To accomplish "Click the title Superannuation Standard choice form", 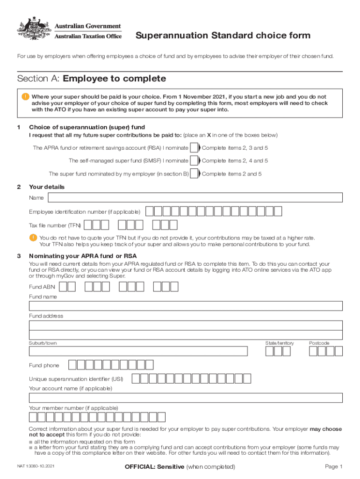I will (x=223, y=36).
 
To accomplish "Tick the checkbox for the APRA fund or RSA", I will (x=194, y=148).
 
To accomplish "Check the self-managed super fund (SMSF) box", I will (x=194, y=160).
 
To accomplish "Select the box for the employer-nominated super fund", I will (x=194, y=174).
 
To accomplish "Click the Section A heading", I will (x=91, y=79).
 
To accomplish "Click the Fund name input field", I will (x=186, y=306).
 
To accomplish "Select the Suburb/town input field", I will (x=138, y=351).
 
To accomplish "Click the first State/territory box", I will (x=269, y=351).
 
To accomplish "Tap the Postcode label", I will (x=319, y=343).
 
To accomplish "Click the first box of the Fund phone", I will (x=72, y=365).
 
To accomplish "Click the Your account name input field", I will (x=186, y=398).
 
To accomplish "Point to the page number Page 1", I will (x=333, y=467).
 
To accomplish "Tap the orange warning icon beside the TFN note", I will (x=33, y=238).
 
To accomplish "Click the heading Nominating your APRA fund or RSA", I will (x=83, y=256).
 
